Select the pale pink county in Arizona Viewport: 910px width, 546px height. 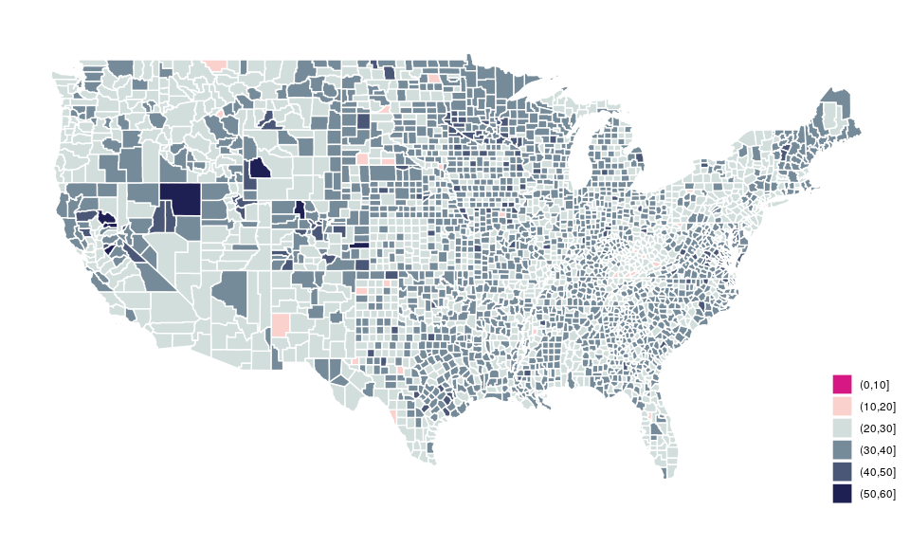click(x=281, y=325)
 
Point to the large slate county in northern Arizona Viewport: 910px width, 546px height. click(x=233, y=290)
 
